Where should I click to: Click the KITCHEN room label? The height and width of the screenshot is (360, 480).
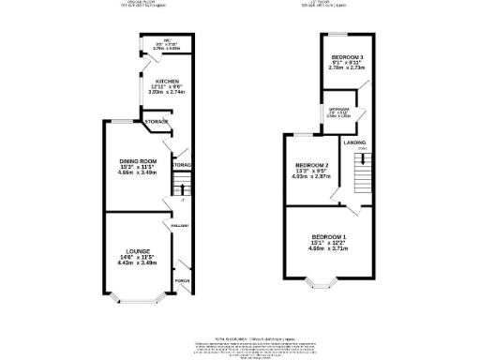[167, 82]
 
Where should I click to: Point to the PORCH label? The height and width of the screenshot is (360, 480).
[182, 279]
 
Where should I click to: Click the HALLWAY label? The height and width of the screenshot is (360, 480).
[180, 226]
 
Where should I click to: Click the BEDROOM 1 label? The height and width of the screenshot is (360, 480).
[329, 235]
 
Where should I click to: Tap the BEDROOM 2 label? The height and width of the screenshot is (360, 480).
[311, 165]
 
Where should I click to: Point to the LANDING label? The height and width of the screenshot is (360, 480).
[354, 142]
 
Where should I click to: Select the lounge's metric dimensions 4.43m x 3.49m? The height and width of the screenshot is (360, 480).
[137, 264]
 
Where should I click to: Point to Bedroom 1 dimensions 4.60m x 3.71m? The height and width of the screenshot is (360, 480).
[329, 248]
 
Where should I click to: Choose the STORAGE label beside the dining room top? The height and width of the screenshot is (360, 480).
[156, 122]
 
